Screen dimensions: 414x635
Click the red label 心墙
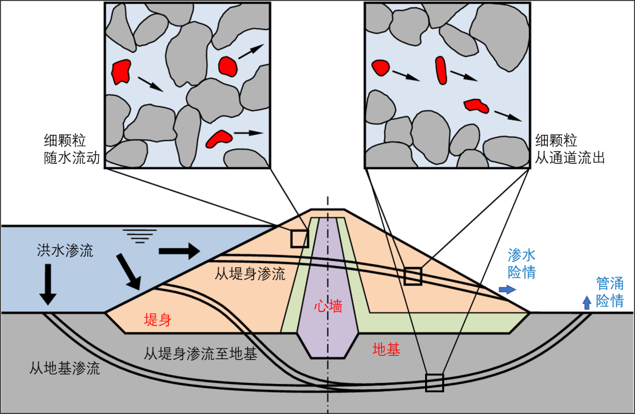pyautogui.click(x=328, y=306)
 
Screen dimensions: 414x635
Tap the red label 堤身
pyautogui.click(x=158, y=320)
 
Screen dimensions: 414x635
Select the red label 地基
pyautogui.click(x=386, y=349)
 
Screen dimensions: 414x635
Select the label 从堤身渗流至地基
pyautogui.click(x=200, y=353)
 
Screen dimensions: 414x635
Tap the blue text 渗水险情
pyautogui.click(x=522, y=263)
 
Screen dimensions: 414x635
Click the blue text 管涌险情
pyautogui.click(x=610, y=292)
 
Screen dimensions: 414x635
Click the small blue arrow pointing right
pyautogui.click(x=507, y=289)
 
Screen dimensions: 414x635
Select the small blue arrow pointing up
pyautogui.click(x=586, y=303)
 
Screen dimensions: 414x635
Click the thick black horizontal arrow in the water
pyautogui.click(x=179, y=250)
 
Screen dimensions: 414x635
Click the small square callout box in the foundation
pyautogui.click(x=435, y=382)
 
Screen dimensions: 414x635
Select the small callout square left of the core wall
pyautogui.click(x=299, y=238)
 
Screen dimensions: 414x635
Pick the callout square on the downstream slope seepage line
pyautogui.click(x=413, y=276)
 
